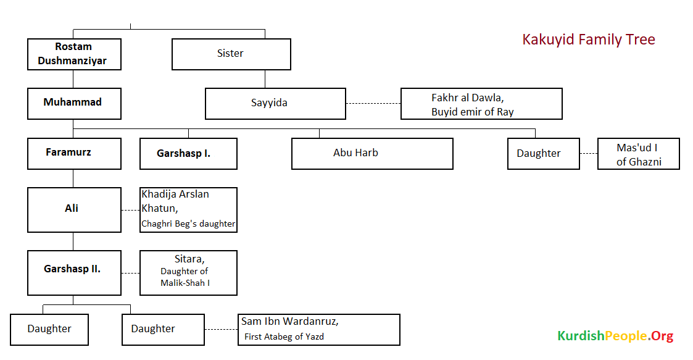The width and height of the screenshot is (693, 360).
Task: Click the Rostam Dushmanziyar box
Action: coord(74,54)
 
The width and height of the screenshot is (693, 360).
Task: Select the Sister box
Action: coord(231,54)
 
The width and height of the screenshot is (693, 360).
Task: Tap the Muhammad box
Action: coord(74,103)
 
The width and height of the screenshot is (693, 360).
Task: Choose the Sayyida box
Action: coord(275,103)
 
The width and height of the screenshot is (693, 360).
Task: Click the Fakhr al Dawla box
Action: coord(481,104)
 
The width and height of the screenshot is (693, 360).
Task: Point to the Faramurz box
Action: coord(74,153)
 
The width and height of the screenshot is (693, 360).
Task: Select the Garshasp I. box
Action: coord(188,153)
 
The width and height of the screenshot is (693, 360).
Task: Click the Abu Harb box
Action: coord(372,153)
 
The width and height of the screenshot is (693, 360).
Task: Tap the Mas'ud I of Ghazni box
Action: coord(638,154)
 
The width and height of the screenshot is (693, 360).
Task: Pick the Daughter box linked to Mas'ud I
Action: coord(544,154)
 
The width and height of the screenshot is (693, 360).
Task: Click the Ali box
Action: coord(74,210)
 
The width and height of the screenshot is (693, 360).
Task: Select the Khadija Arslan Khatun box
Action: coord(188,210)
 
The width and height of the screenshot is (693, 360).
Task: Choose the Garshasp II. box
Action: coord(74,272)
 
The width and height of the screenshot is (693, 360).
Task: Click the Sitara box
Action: coord(188,272)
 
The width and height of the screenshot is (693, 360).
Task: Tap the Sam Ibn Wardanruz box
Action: coord(319,329)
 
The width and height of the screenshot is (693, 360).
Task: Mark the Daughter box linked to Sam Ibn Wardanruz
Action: coord(163,329)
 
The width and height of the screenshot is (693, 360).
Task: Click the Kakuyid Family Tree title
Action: coord(588,40)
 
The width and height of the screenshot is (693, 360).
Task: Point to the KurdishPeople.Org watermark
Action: coord(615,337)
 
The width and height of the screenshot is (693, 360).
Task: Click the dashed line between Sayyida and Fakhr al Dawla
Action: coord(373,104)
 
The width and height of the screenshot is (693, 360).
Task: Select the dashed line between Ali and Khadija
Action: coord(130,210)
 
